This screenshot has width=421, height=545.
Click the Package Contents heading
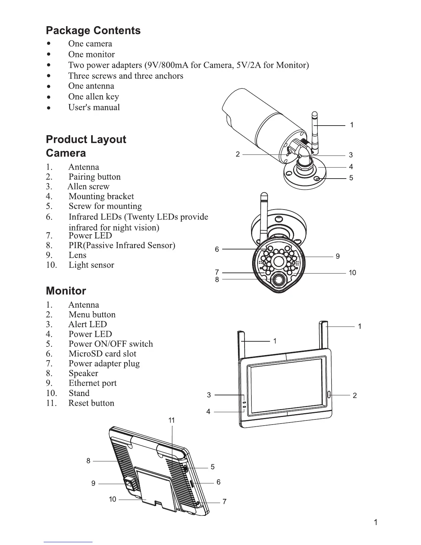[x=93, y=31]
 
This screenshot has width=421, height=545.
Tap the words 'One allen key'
[x=94, y=97]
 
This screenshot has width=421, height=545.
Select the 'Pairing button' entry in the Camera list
[x=95, y=177]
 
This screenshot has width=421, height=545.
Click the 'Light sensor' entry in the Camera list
[x=91, y=265]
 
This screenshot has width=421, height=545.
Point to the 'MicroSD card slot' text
[x=102, y=354]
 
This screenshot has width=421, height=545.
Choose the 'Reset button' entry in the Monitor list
[x=91, y=403]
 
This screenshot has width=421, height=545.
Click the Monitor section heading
[x=66, y=291]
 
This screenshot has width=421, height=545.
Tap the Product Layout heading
[x=86, y=139]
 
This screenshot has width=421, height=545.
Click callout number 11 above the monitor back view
[x=172, y=420]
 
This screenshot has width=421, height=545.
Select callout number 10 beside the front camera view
[x=352, y=273]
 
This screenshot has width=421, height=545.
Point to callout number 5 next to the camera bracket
[x=351, y=178]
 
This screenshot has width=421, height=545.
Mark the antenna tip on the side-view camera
[x=314, y=114]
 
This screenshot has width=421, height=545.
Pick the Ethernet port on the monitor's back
[x=129, y=483]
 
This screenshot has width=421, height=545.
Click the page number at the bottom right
[x=376, y=523]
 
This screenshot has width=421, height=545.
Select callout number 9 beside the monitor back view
[x=93, y=483]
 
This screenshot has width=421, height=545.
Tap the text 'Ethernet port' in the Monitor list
[x=93, y=383]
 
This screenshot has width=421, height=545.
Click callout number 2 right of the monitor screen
[x=355, y=395]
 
